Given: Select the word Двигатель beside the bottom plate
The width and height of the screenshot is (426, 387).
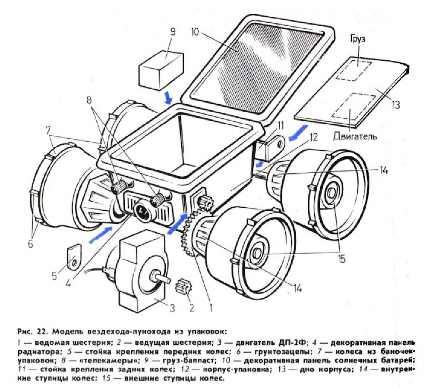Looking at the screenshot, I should click(355, 137).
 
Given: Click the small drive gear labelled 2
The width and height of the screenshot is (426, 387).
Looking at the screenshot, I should click(183, 287).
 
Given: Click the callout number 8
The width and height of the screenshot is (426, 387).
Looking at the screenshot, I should click(89, 100).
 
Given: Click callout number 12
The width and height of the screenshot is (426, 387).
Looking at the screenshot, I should click(314, 138).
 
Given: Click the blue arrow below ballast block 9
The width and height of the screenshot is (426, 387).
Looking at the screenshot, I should click(168, 97).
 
